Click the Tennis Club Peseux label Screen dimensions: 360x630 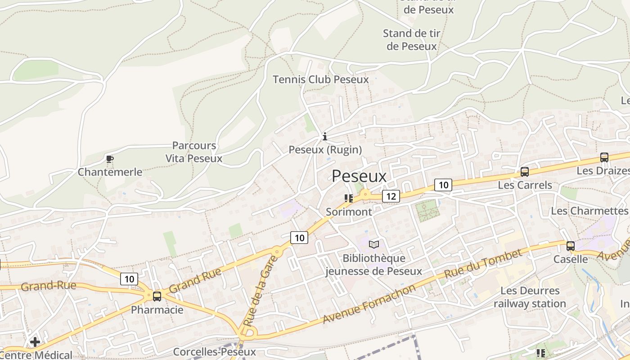(x=320, y=80)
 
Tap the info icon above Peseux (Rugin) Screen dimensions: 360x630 (x=325, y=136)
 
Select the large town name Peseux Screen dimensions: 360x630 (x=359, y=176)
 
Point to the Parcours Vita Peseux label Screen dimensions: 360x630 (x=194, y=152)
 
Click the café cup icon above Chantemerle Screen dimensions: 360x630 (x=109, y=159)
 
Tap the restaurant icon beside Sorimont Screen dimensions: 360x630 (x=348, y=198)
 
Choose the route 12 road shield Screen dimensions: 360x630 (x=391, y=196)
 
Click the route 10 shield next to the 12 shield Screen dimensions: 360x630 (x=443, y=184)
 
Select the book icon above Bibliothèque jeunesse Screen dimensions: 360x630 (x=373, y=244)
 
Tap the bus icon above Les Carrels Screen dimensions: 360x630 (x=525, y=171)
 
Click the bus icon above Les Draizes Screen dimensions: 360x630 (x=604, y=157)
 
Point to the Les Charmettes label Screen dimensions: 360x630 (x=589, y=211)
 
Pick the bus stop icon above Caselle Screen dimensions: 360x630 (x=570, y=246)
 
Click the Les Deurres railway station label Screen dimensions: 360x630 (x=530, y=297)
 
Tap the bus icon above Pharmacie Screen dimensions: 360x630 (x=157, y=296)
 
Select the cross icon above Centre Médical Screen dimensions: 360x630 (x=35, y=342)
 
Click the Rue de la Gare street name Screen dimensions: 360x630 (x=255, y=297)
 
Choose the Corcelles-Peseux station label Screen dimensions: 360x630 (x=214, y=352)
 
